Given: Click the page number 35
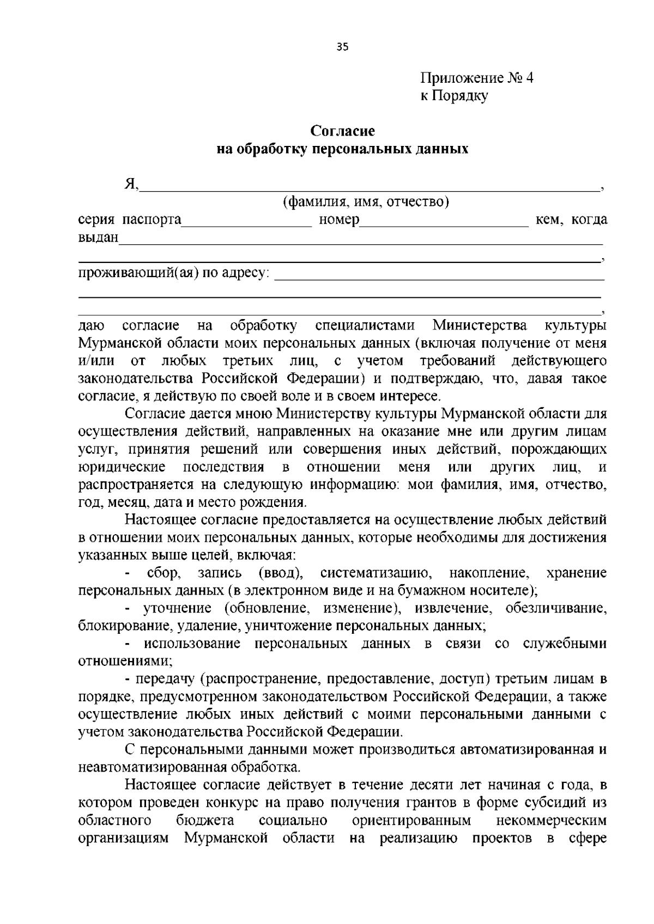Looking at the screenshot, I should (342, 46).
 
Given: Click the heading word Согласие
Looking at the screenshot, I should (342, 131).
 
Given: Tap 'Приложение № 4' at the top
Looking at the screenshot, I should (476, 78).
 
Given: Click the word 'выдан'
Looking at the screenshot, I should (98, 237).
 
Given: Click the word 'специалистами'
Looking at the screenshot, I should (365, 326).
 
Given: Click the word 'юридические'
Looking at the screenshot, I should (122, 467).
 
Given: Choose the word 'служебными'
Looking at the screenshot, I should (565, 644).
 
